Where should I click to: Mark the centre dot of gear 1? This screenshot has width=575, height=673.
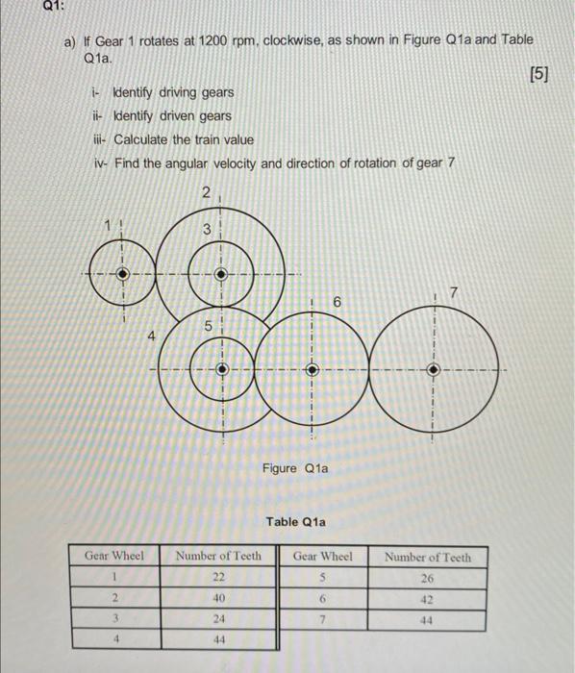tap(121, 272)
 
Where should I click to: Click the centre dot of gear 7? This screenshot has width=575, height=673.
tap(434, 368)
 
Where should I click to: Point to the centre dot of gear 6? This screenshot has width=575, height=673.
tap(311, 368)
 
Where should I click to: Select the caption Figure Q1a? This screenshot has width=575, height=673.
tap(294, 468)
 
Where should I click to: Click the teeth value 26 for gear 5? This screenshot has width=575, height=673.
tap(428, 578)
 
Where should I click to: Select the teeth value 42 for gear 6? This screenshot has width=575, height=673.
tap(428, 598)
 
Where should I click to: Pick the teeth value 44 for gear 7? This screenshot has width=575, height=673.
tap(428, 618)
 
